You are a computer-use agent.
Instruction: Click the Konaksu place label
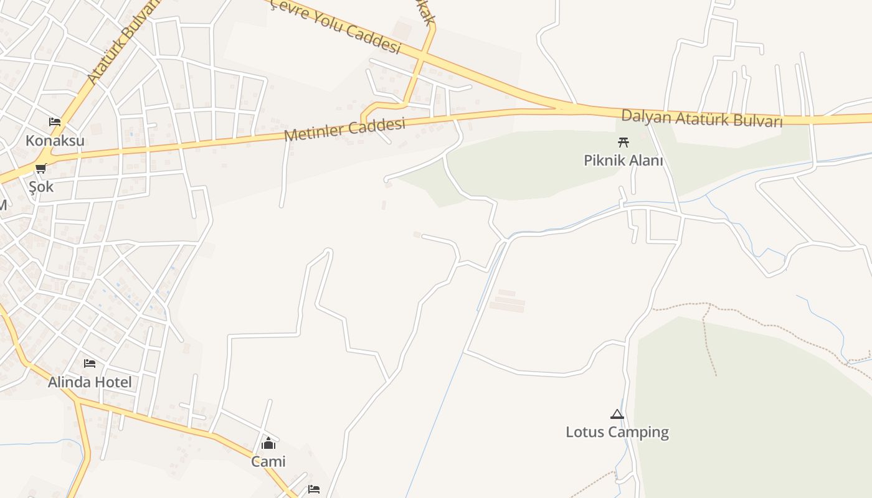coord(55,141)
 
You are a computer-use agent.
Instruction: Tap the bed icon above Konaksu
coord(55,121)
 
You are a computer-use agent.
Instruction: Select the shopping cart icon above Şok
coord(41,168)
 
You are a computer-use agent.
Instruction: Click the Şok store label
coord(41,187)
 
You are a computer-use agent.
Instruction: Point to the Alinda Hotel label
coord(90,382)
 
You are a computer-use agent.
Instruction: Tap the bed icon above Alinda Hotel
coord(90,363)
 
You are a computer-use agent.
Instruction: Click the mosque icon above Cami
coord(268,443)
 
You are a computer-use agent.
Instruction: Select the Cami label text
coord(268,461)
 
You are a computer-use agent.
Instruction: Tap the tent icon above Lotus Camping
coord(617,414)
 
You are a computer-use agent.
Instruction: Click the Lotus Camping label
coord(617,432)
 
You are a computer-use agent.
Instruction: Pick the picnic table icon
coord(623,141)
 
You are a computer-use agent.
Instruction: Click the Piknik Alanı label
coord(623,160)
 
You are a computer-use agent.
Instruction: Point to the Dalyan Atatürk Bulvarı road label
coord(701,118)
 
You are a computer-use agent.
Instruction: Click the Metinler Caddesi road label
coord(344,129)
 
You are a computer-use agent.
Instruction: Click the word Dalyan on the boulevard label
coord(645,116)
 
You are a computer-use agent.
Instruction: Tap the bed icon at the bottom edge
coord(314,489)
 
